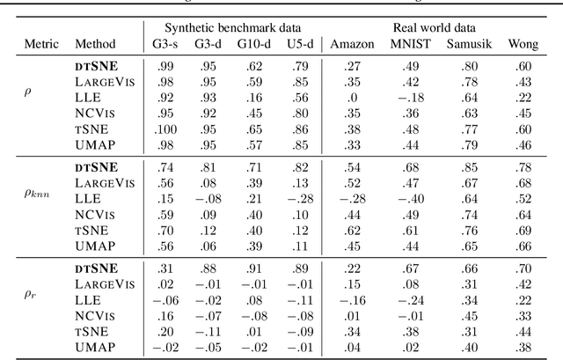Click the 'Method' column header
click(x=95, y=43)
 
